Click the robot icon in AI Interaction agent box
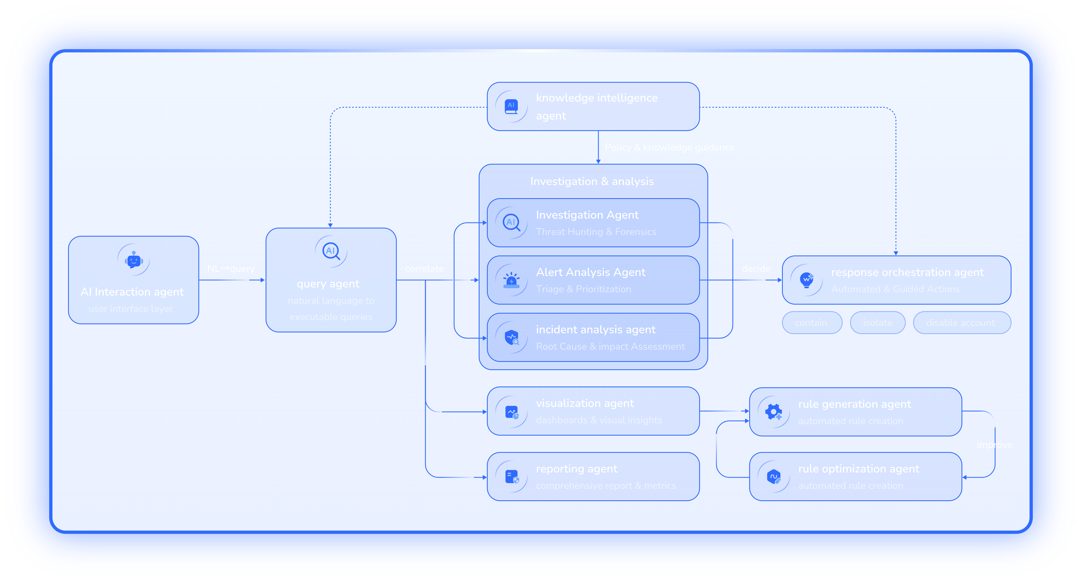pos(134,260)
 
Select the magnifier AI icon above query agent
pos(331,251)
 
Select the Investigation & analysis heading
pos(592,181)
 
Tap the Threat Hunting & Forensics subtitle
pos(596,232)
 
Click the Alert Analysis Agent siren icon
pos(511,280)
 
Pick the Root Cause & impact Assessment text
pos(610,346)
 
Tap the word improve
pos(994,445)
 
